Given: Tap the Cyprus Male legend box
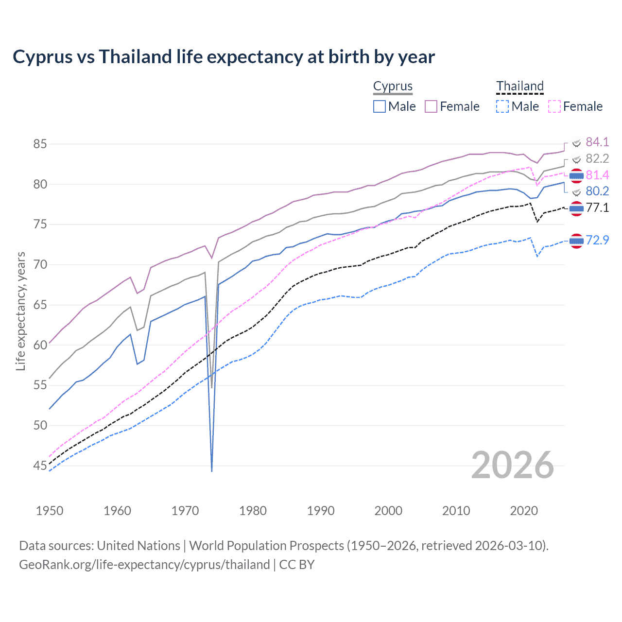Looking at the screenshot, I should click(x=380, y=106).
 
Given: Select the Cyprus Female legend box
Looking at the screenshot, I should click(x=431, y=106).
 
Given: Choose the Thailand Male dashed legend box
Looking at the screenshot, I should click(x=502, y=106).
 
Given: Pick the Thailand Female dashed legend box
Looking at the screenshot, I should click(x=554, y=106).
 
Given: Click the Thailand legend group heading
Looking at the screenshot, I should click(x=519, y=86).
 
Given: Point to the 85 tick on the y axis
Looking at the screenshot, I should click(x=40, y=144).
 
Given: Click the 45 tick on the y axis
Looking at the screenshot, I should click(x=40, y=466).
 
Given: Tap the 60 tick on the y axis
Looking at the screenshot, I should click(x=40, y=346).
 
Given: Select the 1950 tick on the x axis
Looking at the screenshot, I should click(x=50, y=511).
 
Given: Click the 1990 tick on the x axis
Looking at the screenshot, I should click(x=321, y=511).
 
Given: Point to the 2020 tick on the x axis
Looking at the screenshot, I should click(x=524, y=511).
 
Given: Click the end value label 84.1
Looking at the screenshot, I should click(x=597, y=142).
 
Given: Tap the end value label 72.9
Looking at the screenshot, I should click(x=597, y=240).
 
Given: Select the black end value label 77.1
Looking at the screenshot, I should click(x=597, y=208).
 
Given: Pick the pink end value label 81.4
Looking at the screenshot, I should click(x=597, y=175).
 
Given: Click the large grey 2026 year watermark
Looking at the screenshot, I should click(x=513, y=465).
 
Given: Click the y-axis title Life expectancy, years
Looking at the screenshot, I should click(x=20, y=311).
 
